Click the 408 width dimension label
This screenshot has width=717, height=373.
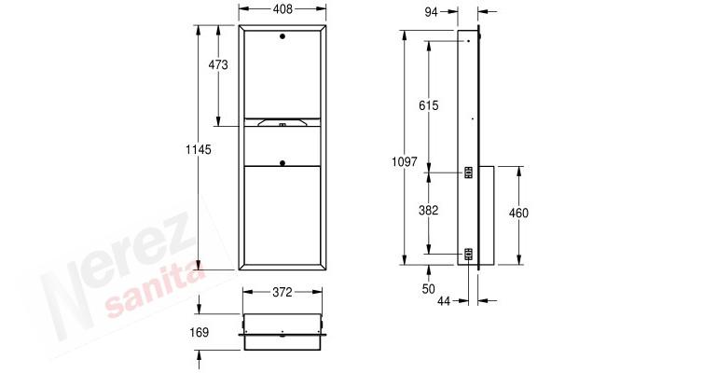[283, 8]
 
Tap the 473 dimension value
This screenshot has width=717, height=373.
[218, 65]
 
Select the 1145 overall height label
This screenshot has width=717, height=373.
[198, 149]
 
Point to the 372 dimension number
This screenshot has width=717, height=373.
[283, 292]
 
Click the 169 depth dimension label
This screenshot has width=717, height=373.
[200, 332]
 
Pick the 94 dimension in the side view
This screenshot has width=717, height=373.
[431, 12]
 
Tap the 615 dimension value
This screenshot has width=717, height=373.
[429, 105]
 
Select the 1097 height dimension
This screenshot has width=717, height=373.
[405, 161]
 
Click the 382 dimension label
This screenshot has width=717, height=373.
[429, 210]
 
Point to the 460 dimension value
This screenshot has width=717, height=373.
[518, 213]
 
